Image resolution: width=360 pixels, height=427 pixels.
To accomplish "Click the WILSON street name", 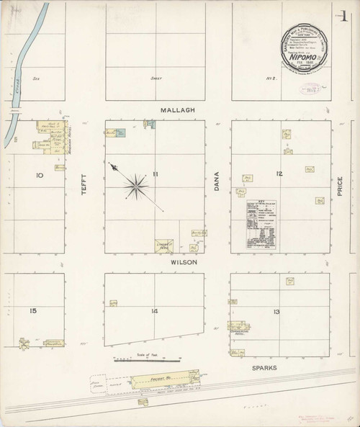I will (184, 264).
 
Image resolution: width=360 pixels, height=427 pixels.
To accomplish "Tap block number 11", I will (154, 174).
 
